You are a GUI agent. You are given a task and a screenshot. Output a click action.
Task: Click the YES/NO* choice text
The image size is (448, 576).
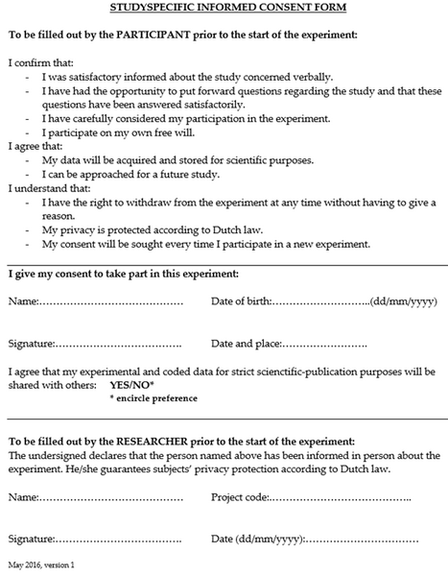[130, 384]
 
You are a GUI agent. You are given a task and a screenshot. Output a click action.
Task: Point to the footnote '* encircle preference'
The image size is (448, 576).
[154, 396]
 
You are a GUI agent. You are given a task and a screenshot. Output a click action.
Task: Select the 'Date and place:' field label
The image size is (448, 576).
[246, 344]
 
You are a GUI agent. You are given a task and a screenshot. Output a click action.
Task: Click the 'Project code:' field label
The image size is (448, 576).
[239, 499]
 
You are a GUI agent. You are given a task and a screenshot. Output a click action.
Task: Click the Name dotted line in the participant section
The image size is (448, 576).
[111, 303]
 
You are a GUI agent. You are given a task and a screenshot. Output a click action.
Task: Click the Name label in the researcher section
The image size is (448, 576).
[23, 499]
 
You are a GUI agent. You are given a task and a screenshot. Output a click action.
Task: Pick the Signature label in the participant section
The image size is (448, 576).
[31, 344]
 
